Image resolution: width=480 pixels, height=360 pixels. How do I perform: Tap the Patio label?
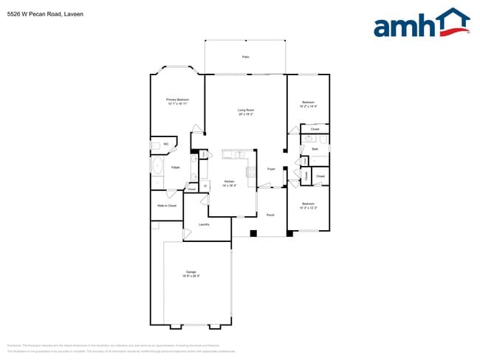coord(245,57)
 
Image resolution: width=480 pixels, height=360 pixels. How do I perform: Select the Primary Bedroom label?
coord(177,100)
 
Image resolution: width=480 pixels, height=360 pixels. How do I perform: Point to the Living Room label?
coord(246,110)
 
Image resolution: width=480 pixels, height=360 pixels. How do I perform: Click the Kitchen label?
coord(230,181)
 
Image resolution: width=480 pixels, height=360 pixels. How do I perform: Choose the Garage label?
coord(191,272)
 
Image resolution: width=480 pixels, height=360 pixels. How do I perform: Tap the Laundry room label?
coord(204,224)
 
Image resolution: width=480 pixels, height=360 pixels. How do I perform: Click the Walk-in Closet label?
coord(167,205)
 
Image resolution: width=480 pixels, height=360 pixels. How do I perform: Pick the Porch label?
coord(270,215)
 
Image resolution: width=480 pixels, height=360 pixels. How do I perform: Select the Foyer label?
coord(271,169)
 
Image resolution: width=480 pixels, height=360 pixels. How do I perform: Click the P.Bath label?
coord(176,167)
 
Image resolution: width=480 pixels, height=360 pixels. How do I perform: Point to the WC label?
coord(166,144)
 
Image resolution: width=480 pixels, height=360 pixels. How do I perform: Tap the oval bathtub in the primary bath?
coord(157,165)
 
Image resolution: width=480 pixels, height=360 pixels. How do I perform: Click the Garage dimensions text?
coord(191,277)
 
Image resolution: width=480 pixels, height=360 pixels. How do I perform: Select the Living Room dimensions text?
coord(246,114)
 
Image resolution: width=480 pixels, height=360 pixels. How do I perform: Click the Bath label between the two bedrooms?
coord(315,149)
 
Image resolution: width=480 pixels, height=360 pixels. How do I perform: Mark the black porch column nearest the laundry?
coord(253,233)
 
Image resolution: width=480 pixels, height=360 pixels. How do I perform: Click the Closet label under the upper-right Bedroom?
coord(315,129)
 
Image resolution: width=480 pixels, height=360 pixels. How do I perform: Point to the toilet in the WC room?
coord(154,145)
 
